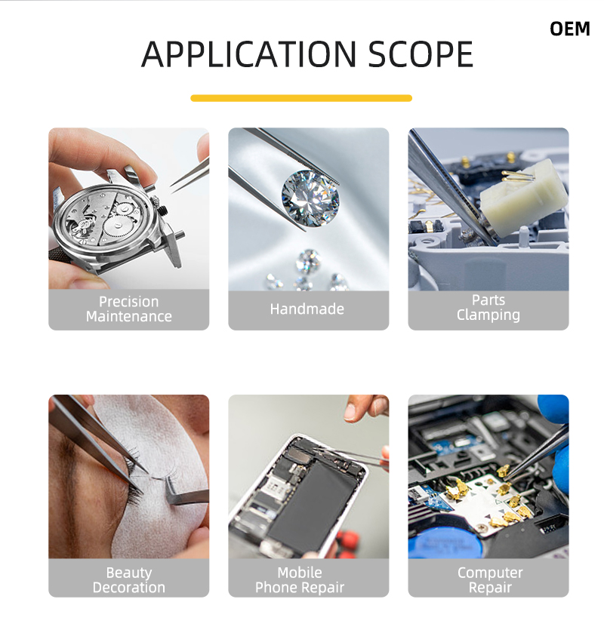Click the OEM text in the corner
click(x=570, y=29)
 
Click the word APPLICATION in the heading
click(x=249, y=54)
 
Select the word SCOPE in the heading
click(x=421, y=54)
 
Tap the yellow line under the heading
click(x=301, y=98)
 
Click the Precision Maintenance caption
click(x=129, y=309)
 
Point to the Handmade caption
click(x=307, y=309)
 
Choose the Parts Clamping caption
click(x=488, y=307)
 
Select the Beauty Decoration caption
click(x=129, y=579)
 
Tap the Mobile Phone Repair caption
click(x=300, y=579)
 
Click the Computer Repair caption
click(x=490, y=579)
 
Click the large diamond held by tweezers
click(x=310, y=198)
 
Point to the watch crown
click(x=162, y=210)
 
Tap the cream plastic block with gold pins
click(x=524, y=198)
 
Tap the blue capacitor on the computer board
click(x=445, y=543)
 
